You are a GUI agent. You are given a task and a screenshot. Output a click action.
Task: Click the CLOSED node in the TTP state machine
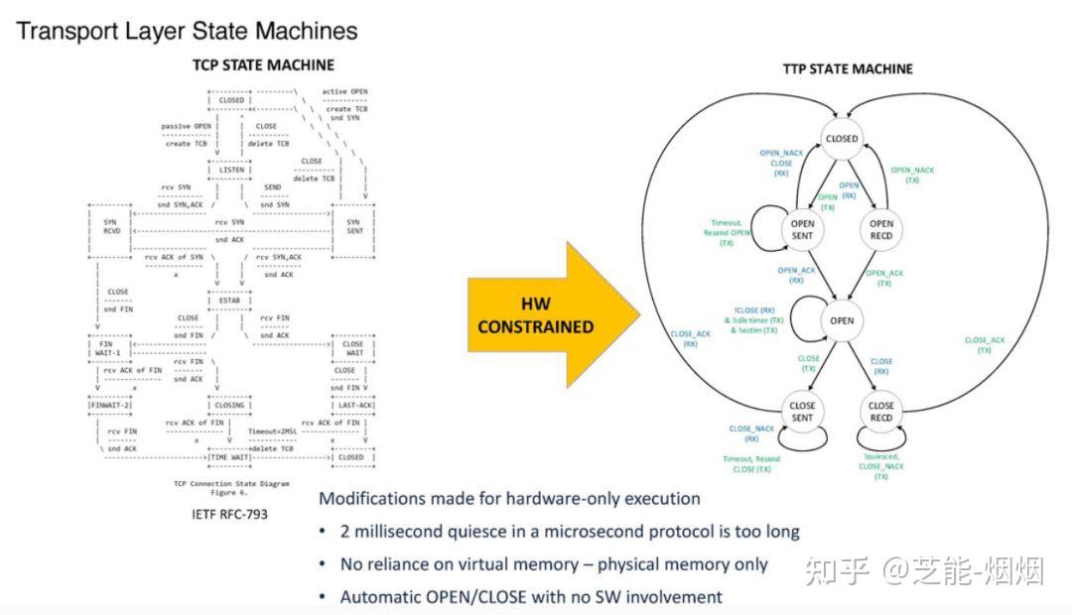coord(841,140)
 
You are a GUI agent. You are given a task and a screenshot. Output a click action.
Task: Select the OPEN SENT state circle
coord(802,230)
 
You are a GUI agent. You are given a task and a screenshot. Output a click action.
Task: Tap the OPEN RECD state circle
coord(880,230)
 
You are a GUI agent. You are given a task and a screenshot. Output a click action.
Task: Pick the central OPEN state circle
coord(841,321)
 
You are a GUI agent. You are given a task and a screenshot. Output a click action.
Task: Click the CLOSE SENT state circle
coord(802,412)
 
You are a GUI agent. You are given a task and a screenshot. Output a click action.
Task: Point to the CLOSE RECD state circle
coord(880,412)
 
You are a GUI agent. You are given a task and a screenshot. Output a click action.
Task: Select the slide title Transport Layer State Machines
coord(187,31)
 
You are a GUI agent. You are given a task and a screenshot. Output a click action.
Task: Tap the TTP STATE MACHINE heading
coord(847,68)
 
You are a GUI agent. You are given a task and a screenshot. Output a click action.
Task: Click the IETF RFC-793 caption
coord(229,515)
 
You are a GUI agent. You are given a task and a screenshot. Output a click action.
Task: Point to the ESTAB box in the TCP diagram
coord(229,300)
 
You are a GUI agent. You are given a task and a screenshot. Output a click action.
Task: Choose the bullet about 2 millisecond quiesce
coord(569,532)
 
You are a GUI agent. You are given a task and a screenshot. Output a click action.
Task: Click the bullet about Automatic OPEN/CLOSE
coord(531,597)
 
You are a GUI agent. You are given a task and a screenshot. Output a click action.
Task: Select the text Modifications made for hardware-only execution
coord(509,498)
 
